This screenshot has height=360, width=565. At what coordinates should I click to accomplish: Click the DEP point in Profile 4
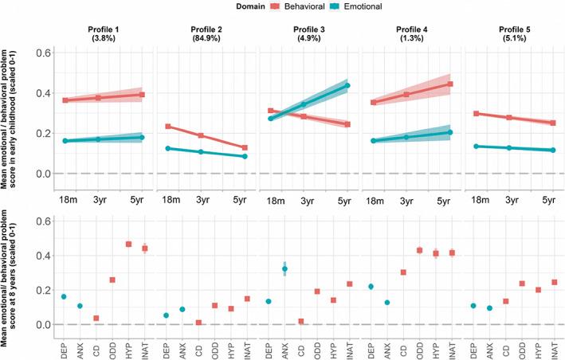coord(371,287)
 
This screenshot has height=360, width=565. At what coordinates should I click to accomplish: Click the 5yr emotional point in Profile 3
coord(347,85)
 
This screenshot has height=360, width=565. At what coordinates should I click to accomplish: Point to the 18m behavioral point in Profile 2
coord(167,127)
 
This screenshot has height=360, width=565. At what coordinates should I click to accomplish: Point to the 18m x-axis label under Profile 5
coord(479,194)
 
